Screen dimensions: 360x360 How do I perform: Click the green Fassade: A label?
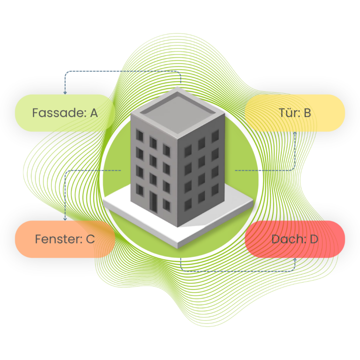point(65,113)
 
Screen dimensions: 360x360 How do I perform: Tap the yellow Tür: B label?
point(295,113)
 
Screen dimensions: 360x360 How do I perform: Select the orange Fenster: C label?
point(65,239)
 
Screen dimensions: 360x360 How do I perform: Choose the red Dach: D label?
point(295,239)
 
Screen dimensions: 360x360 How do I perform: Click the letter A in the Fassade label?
point(94,113)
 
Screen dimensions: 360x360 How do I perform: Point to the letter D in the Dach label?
point(314,239)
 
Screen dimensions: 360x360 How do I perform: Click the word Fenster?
point(59,239)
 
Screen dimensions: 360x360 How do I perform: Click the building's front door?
point(153,202)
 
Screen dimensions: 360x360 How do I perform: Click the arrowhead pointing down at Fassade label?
point(65,92)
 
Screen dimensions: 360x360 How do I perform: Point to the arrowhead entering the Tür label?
point(295,134)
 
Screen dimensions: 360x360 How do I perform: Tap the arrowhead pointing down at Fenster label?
point(65,219)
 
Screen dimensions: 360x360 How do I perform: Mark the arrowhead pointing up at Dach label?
point(295,260)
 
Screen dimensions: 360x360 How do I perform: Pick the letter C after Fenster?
point(90,239)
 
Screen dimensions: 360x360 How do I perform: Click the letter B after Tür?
point(307,113)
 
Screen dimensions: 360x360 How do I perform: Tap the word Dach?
point(289,239)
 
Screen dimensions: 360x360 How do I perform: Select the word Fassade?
point(59,112)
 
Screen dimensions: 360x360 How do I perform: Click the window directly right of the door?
point(166,205)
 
